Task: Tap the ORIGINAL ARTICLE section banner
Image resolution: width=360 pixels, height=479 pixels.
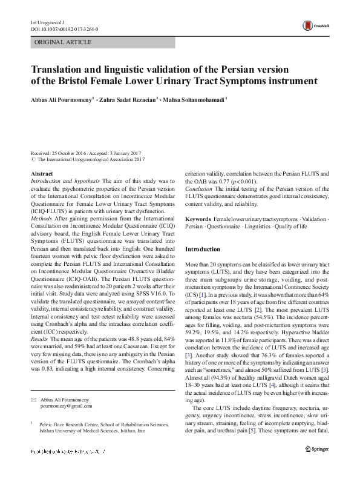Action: pos(64,42)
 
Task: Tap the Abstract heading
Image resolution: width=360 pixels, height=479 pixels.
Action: pos(42,173)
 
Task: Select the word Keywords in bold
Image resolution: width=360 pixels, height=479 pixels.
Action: pos(198,217)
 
